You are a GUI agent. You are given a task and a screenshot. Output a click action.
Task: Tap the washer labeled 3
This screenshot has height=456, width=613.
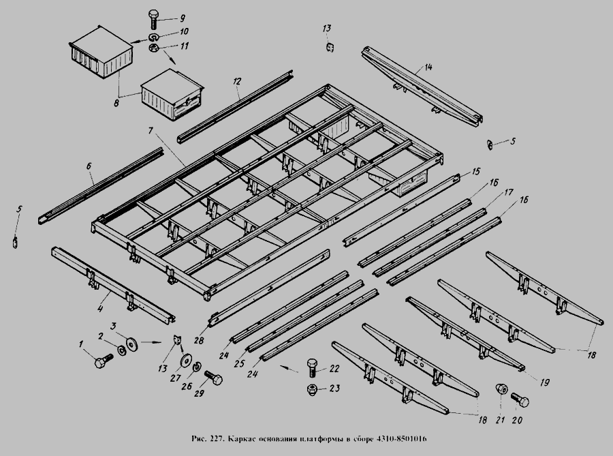[130, 340]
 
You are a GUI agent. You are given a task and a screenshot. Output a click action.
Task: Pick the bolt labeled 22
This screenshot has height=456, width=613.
[312, 368]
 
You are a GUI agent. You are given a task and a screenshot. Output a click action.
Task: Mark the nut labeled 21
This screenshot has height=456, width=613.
[501, 390]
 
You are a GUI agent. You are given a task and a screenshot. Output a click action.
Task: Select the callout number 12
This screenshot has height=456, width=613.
[236, 82]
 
